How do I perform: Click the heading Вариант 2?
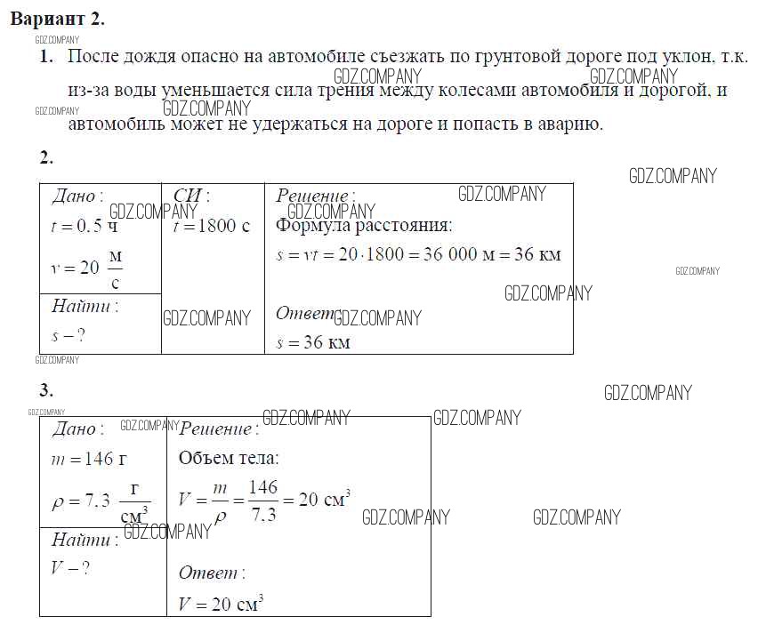[58, 19]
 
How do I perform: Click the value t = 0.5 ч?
[85, 226]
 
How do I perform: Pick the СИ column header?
[191, 196]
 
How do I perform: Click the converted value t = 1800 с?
[211, 226]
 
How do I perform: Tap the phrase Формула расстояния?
[364, 226]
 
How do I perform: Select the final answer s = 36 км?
[313, 342]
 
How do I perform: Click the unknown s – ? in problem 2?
[69, 335]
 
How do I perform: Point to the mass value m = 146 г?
[89, 459]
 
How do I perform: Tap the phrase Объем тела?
[229, 458]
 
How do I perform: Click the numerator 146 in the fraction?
[263, 487]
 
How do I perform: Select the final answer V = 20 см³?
[221, 604]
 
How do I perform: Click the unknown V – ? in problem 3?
[70, 568]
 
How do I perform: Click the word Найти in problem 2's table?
[81, 306]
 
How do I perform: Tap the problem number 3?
[46, 390]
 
